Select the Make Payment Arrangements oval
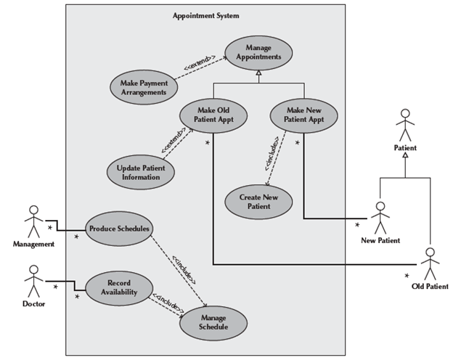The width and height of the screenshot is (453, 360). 143,87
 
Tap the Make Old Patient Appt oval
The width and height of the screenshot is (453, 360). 213,115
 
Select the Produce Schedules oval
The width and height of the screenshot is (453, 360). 119,229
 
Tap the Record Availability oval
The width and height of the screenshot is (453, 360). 118,286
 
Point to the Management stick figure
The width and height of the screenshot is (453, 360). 32,222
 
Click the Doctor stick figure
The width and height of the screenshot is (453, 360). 32,280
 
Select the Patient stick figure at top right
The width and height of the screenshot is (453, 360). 405,126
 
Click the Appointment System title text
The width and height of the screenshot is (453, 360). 206,15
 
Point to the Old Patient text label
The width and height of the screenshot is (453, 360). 430,287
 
